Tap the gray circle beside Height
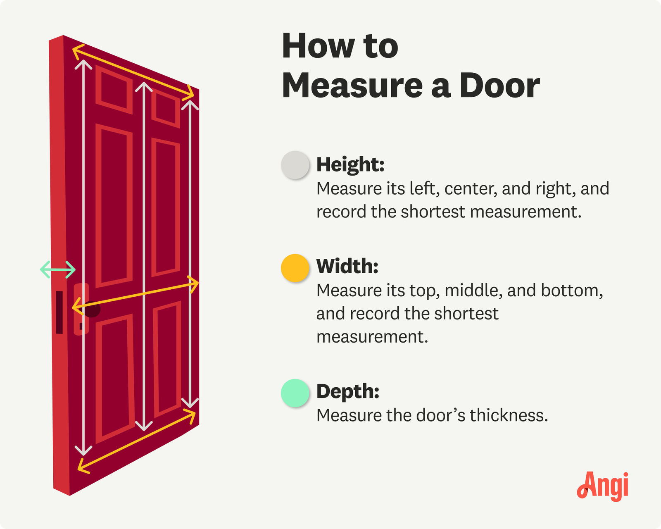point(295,165)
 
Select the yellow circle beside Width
point(295,268)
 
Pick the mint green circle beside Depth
point(295,393)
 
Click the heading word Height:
point(350,165)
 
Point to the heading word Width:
point(347,266)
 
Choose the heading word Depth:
point(348,392)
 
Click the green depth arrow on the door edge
point(58,269)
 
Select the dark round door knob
point(92,309)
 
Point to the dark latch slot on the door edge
point(59,312)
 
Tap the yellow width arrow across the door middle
point(135,295)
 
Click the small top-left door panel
point(114,89)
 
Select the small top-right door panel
point(166,109)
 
